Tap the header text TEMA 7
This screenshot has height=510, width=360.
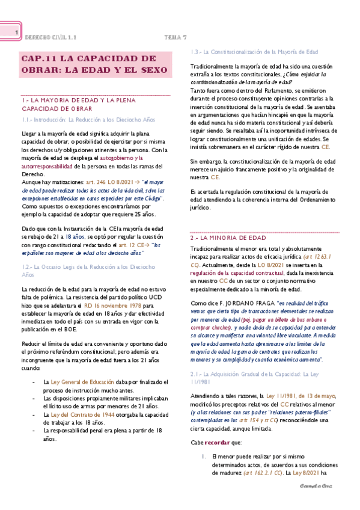tap(176, 37)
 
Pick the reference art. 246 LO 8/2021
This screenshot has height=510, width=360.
tap(107, 180)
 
